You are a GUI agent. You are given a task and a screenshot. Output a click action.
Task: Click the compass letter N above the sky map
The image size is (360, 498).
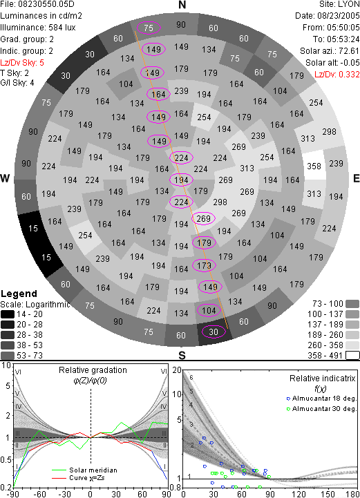pyautogui.click(x=182, y=5)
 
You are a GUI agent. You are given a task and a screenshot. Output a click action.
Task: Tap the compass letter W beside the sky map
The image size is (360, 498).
pyautogui.click(x=5, y=178)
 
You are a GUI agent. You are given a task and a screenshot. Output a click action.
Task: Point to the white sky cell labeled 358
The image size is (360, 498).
pyautogui.click(x=314, y=166)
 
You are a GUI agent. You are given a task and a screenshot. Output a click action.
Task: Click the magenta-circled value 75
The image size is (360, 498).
pyautogui.click(x=149, y=28)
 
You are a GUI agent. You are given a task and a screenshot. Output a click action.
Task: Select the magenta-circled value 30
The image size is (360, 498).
pyautogui.click(x=214, y=332)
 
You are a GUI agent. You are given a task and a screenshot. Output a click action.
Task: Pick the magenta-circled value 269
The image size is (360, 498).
pyautogui.click(x=203, y=218)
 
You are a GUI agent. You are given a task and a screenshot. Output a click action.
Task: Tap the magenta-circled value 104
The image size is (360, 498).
pyautogui.click(x=209, y=310)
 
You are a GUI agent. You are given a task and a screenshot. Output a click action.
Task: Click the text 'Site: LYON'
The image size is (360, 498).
pyautogui.click(x=339, y=4)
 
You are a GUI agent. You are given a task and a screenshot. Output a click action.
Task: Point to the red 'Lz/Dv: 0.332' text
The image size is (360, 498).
pyautogui.click(x=337, y=75)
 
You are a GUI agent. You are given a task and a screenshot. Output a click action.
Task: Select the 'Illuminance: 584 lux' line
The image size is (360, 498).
pyautogui.click(x=38, y=28)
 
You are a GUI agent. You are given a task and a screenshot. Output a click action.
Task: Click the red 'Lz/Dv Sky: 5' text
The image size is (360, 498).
pyautogui.click(x=22, y=63)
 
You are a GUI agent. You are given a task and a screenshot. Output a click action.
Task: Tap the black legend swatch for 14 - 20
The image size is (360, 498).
pyautogui.click(x=8, y=314)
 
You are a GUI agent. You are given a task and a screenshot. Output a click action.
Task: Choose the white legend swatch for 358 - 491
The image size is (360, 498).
pyautogui.click(x=352, y=356)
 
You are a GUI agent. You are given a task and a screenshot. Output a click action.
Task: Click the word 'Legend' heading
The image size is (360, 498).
pyautogui.click(x=19, y=294)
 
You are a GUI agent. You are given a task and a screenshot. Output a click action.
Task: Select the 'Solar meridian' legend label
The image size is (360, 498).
pyautogui.click(x=93, y=470)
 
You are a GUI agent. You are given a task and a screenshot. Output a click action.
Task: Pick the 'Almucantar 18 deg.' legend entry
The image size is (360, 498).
pyautogui.click(x=324, y=399)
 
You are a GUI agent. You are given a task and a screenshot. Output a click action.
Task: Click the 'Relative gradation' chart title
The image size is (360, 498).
pyautogui.click(x=93, y=370)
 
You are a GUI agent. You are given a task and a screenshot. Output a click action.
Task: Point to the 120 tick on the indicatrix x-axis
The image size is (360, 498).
pyautogui.click(x=299, y=494)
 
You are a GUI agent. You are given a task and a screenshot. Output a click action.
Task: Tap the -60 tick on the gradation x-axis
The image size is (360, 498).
pyautogui.click(x=39, y=494)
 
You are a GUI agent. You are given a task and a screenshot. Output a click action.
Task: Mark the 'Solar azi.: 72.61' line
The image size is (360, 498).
pyautogui.click(x=330, y=51)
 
